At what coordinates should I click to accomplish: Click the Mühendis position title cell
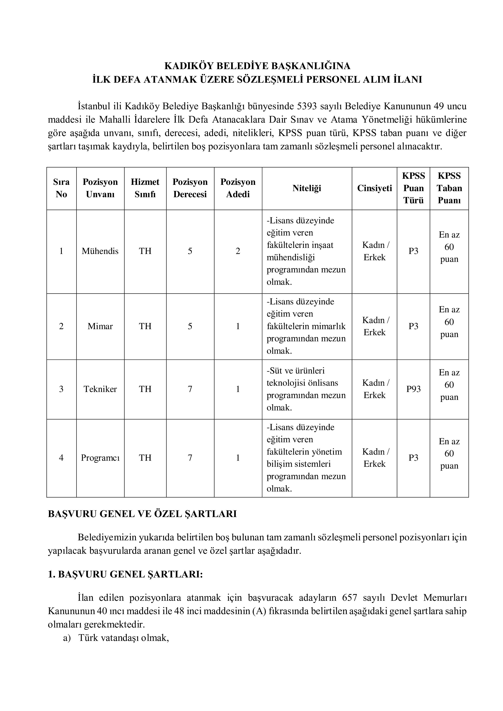click(100, 251)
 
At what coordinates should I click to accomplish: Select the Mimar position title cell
click(100, 326)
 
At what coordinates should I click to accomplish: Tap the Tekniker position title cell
click(100, 389)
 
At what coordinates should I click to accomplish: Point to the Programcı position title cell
click(100, 458)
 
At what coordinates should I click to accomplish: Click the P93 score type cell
click(413, 389)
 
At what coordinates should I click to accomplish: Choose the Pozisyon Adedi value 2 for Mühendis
click(238, 251)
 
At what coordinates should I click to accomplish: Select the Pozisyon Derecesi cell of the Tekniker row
click(190, 389)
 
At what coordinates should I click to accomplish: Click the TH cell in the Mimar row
click(145, 326)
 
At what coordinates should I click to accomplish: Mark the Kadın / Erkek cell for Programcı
click(374, 458)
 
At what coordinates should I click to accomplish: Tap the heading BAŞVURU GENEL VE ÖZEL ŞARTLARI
click(142, 514)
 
